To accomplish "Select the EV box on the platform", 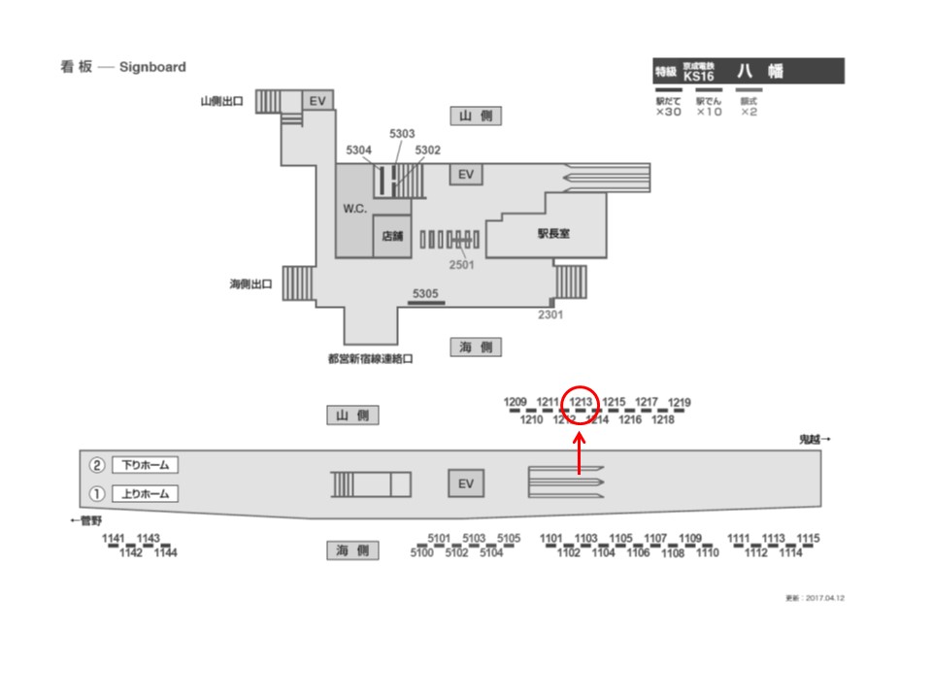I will pos(465,484).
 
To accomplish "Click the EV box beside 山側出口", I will pos(316,100).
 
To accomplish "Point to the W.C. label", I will pos(354,210).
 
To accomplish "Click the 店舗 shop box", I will pos(392,236).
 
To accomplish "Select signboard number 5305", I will pos(425,293).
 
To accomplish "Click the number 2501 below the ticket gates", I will pos(461,264).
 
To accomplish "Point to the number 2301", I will pos(550,314).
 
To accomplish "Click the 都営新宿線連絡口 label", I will pos(371,358).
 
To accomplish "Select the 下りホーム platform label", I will pos(145,465).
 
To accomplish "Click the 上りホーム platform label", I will pos(145,493).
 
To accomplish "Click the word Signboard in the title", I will pos(152,67).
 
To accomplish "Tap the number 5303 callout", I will pos(402,133).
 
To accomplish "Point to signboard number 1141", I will pos(115,539).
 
